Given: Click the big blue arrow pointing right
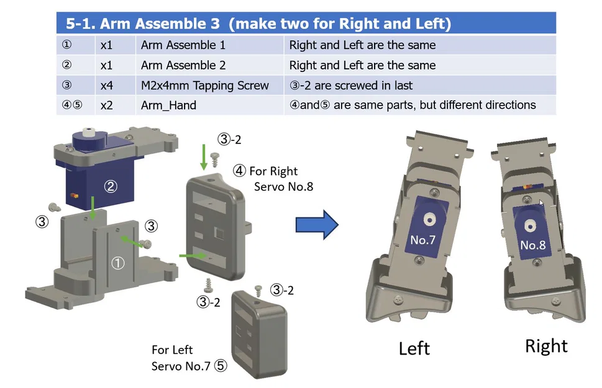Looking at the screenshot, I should point(316,224).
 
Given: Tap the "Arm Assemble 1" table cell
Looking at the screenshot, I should point(183,45).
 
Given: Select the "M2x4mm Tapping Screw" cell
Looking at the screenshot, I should point(205,85).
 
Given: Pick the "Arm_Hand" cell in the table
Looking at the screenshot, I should point(168,105).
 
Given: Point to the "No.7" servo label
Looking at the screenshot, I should point(422,239).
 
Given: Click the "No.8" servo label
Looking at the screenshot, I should point(532,245).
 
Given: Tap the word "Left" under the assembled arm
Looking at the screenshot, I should point(414,348).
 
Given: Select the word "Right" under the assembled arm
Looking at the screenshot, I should point(546,346).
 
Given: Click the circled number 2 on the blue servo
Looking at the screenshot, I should point(111,186).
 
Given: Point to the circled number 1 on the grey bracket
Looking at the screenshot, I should point(117,263).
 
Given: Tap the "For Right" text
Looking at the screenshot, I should point(273,171).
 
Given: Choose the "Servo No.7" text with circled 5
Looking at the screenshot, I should point(189,366).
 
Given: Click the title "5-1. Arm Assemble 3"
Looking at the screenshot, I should point(143,24).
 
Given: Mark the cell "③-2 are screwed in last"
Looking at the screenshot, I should point(351,85).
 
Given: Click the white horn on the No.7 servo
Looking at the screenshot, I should point(428,219).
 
